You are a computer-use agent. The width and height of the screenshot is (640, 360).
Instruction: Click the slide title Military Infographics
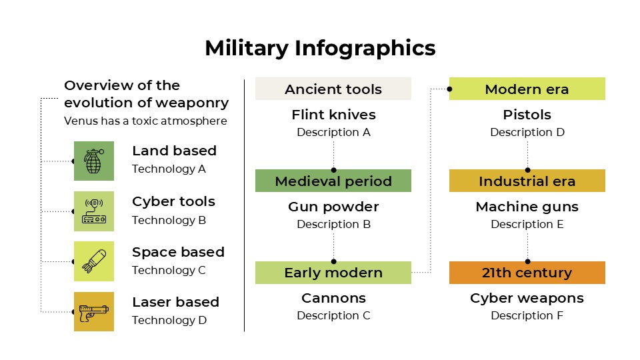320,49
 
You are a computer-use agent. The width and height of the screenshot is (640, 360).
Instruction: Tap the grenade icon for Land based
93,161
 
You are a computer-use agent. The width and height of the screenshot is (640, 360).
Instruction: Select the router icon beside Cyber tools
93,211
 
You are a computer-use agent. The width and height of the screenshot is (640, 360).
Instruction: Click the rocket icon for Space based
93,261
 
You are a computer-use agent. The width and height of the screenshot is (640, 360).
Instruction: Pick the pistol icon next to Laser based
93,311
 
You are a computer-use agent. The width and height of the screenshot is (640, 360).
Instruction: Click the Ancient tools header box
333,89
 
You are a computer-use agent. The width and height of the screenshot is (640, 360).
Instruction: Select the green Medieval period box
333,181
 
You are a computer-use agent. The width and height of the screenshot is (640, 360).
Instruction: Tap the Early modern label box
333,273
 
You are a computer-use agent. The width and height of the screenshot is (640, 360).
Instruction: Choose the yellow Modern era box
527,89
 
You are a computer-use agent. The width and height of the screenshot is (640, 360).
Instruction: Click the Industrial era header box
527,181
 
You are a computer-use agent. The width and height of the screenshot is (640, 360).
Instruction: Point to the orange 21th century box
527,273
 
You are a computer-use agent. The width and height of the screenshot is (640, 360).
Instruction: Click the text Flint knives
333,115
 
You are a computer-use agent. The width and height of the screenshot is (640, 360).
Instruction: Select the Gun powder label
333,207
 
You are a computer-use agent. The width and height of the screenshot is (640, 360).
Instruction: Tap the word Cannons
333,298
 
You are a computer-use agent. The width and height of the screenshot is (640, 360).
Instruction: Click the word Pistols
527,115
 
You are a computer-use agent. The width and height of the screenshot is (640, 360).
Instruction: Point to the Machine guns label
527,207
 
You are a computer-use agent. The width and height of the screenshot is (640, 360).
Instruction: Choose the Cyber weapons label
527,298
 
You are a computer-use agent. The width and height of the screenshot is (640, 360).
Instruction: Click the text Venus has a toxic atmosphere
145,121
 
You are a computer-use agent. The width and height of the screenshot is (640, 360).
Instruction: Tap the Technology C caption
169,270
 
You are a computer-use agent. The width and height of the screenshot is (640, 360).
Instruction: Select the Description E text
527,224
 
